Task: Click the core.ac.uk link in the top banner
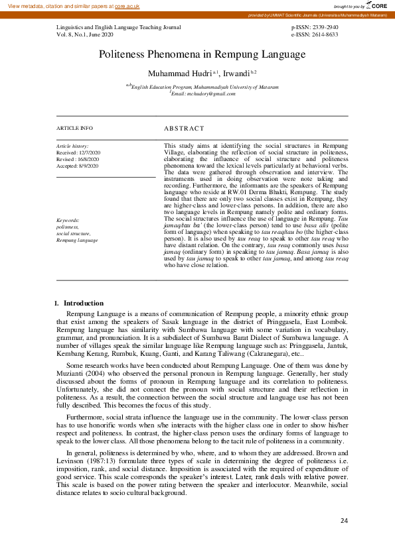(127, 5)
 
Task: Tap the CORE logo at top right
(376, 5)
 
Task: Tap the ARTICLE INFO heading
(74, 128)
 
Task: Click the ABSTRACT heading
(184, 128)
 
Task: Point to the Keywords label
(68, 220)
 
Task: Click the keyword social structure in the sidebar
(74, 233)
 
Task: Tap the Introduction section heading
(83, 303)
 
